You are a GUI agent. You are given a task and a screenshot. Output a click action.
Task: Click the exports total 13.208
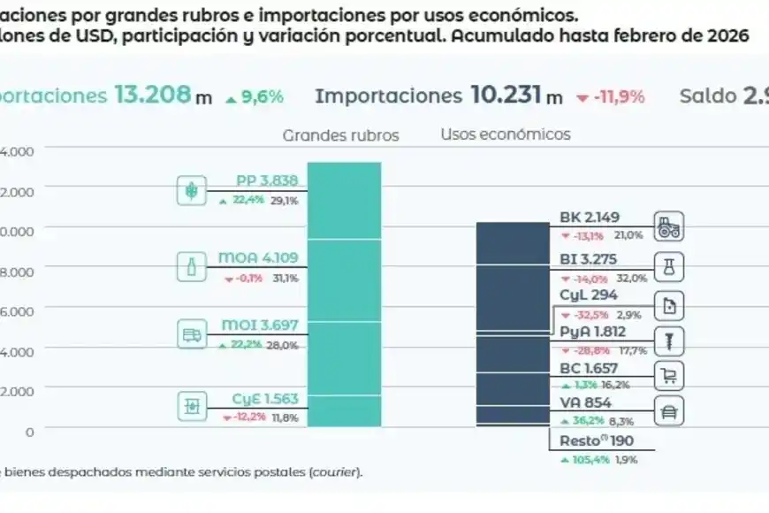[x=152, y=96]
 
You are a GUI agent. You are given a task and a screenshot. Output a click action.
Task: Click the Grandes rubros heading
[x=340, y=135]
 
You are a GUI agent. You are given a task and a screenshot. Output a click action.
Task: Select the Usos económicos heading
[x=506, y=134]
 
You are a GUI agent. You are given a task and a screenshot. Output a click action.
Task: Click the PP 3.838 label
[x=266, y=181]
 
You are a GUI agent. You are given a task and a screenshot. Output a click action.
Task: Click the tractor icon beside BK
[x=669, y=227]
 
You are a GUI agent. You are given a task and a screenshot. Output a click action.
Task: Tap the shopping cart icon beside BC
[x=669, y=377]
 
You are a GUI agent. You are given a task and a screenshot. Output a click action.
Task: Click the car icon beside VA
[x=669, y=411]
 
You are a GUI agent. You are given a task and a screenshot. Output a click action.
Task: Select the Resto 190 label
[x=597, y=441]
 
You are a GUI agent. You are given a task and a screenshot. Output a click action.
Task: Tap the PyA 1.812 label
[x=594, y=332]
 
